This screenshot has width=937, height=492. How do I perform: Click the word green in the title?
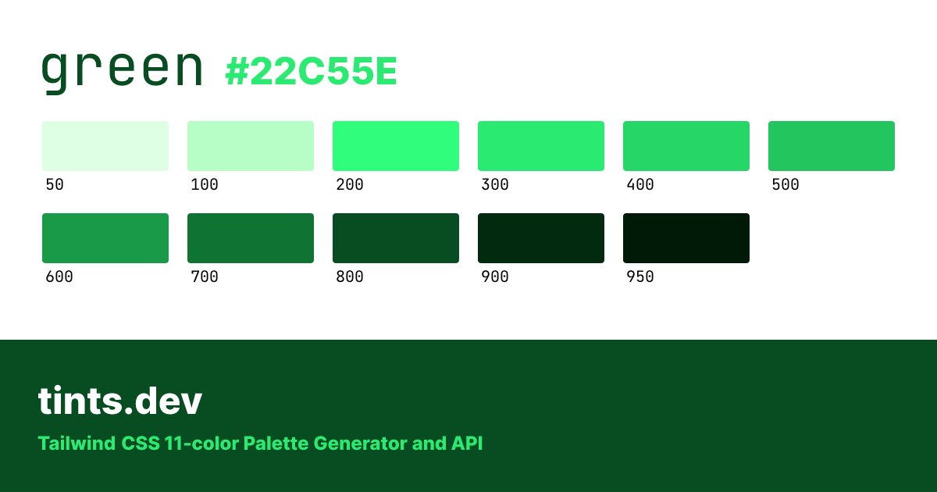pos(121,70)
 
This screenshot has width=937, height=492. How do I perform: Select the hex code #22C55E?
pos(311,73)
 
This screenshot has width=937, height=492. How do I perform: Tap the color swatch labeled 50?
pos(105,146)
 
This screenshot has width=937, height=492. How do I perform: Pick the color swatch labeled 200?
pos(396,146)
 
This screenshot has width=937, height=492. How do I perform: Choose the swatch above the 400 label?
pos(686,146)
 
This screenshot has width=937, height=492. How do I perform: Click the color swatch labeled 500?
pos(832,146)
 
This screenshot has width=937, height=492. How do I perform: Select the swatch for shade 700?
pos(251,238)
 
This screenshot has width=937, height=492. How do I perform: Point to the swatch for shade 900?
pos(541,238)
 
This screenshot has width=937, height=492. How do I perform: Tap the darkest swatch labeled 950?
pos(686,238)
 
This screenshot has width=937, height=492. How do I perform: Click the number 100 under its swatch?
pos(205,185)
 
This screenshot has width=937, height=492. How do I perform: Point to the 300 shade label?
pos(495,185)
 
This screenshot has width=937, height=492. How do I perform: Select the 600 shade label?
pos(59,277)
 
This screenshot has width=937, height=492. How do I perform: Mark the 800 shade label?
pos(350,277)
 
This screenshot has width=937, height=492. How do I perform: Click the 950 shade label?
pos(640,277)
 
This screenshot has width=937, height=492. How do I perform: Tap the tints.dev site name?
pos(120,401)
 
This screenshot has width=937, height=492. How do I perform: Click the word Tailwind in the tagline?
pos(77,444)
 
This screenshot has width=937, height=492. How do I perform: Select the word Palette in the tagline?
pos(276,444)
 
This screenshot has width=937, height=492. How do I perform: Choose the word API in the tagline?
pos(467,444)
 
